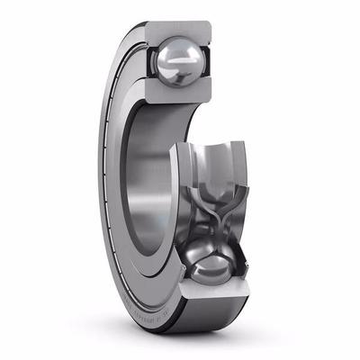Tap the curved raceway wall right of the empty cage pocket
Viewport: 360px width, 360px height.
click(241, 171)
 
